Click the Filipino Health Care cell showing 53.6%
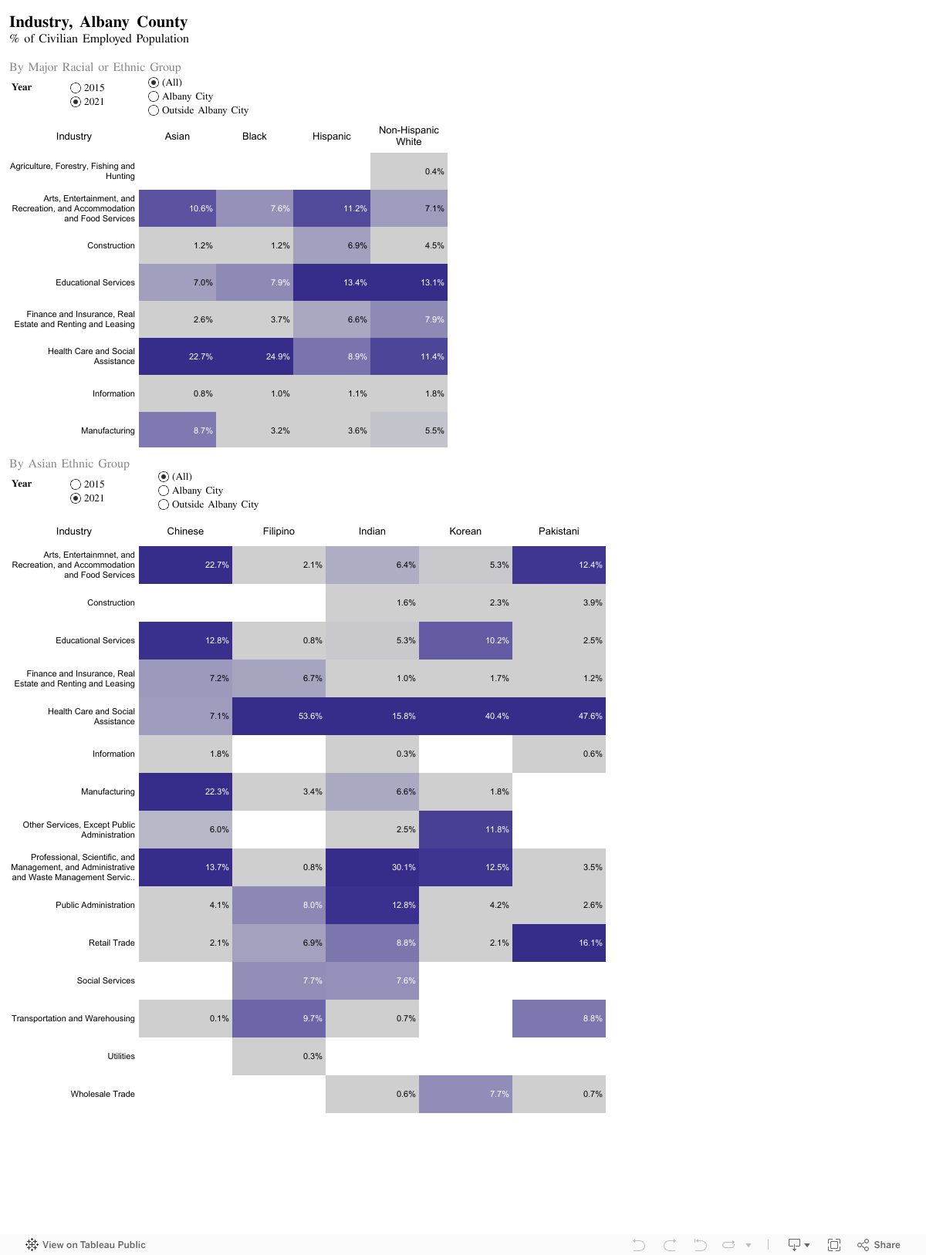279,716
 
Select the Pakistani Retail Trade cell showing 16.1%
559,943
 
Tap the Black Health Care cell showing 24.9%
255,356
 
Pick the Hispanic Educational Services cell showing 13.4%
332,282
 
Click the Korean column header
465,531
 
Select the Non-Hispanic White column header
409,136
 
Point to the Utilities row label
121,1057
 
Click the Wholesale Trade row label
103,1095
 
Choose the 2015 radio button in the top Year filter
76,88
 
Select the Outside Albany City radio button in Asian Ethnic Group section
164,504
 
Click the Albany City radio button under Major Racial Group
154,96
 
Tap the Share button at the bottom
879,1245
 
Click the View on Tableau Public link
86,1245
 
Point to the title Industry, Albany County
98,22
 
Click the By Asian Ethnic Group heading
69,464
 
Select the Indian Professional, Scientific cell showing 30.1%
372,867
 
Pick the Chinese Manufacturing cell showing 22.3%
185,791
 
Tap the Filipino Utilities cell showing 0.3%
279,1057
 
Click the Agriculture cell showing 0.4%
409,171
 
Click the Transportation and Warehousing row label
73,1019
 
